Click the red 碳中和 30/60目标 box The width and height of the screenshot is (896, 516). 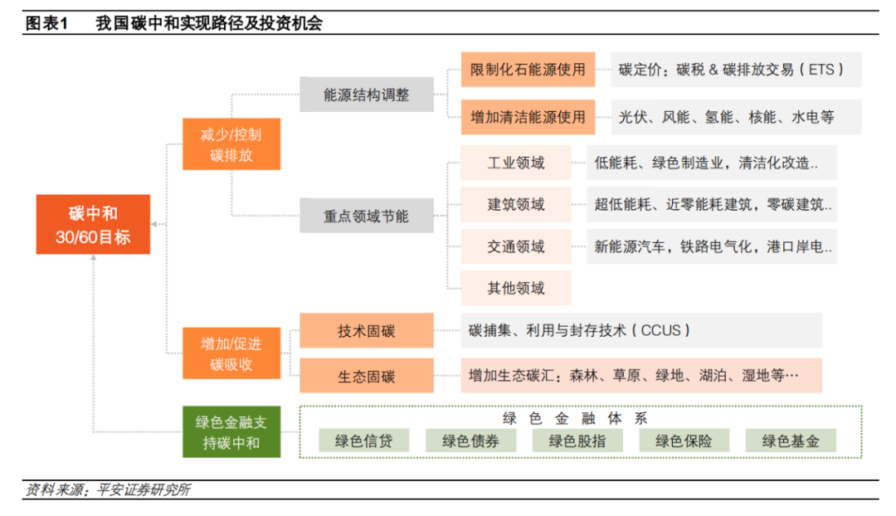(93, 224)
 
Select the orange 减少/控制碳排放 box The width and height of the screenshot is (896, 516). (231, 144)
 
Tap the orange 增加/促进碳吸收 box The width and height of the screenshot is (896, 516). (231, 353)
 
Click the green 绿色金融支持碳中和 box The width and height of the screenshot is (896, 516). (231, 431)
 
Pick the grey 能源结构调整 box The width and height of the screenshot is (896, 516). (366, 95)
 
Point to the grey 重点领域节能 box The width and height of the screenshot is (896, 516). (366, 216)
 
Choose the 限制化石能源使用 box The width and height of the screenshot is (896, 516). (528, 70)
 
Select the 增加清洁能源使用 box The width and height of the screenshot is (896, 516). (528, 117)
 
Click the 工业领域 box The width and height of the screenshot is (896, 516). (516, 163)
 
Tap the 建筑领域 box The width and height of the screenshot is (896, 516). (516, 204)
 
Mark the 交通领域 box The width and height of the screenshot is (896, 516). (516, 246)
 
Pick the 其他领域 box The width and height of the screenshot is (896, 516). (516, 288)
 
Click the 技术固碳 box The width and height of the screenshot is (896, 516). (366, 330)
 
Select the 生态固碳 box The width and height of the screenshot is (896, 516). (366, 376)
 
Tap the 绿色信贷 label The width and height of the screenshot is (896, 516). (363, 441)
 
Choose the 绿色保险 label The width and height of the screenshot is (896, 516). (684, 441)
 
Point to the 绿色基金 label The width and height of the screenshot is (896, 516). (791, 441)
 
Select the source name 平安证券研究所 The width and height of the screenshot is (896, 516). (142, 489)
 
